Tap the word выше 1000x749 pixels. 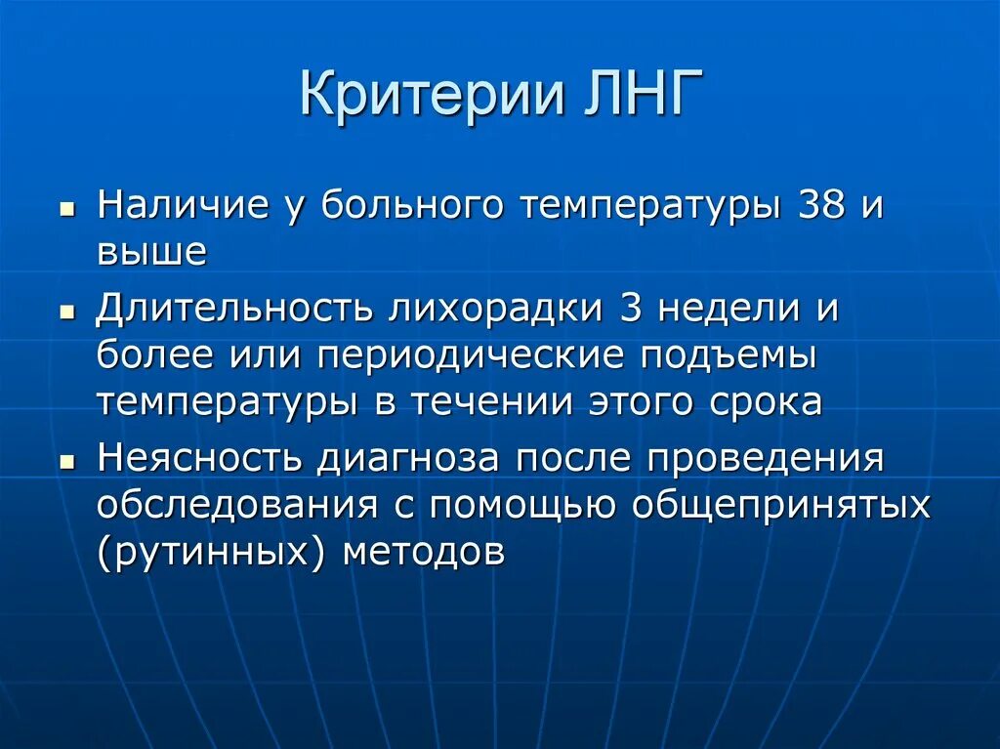pyautogui.click(x=151, y=252)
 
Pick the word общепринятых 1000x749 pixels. pyautogui.click(x=779, y=505)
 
